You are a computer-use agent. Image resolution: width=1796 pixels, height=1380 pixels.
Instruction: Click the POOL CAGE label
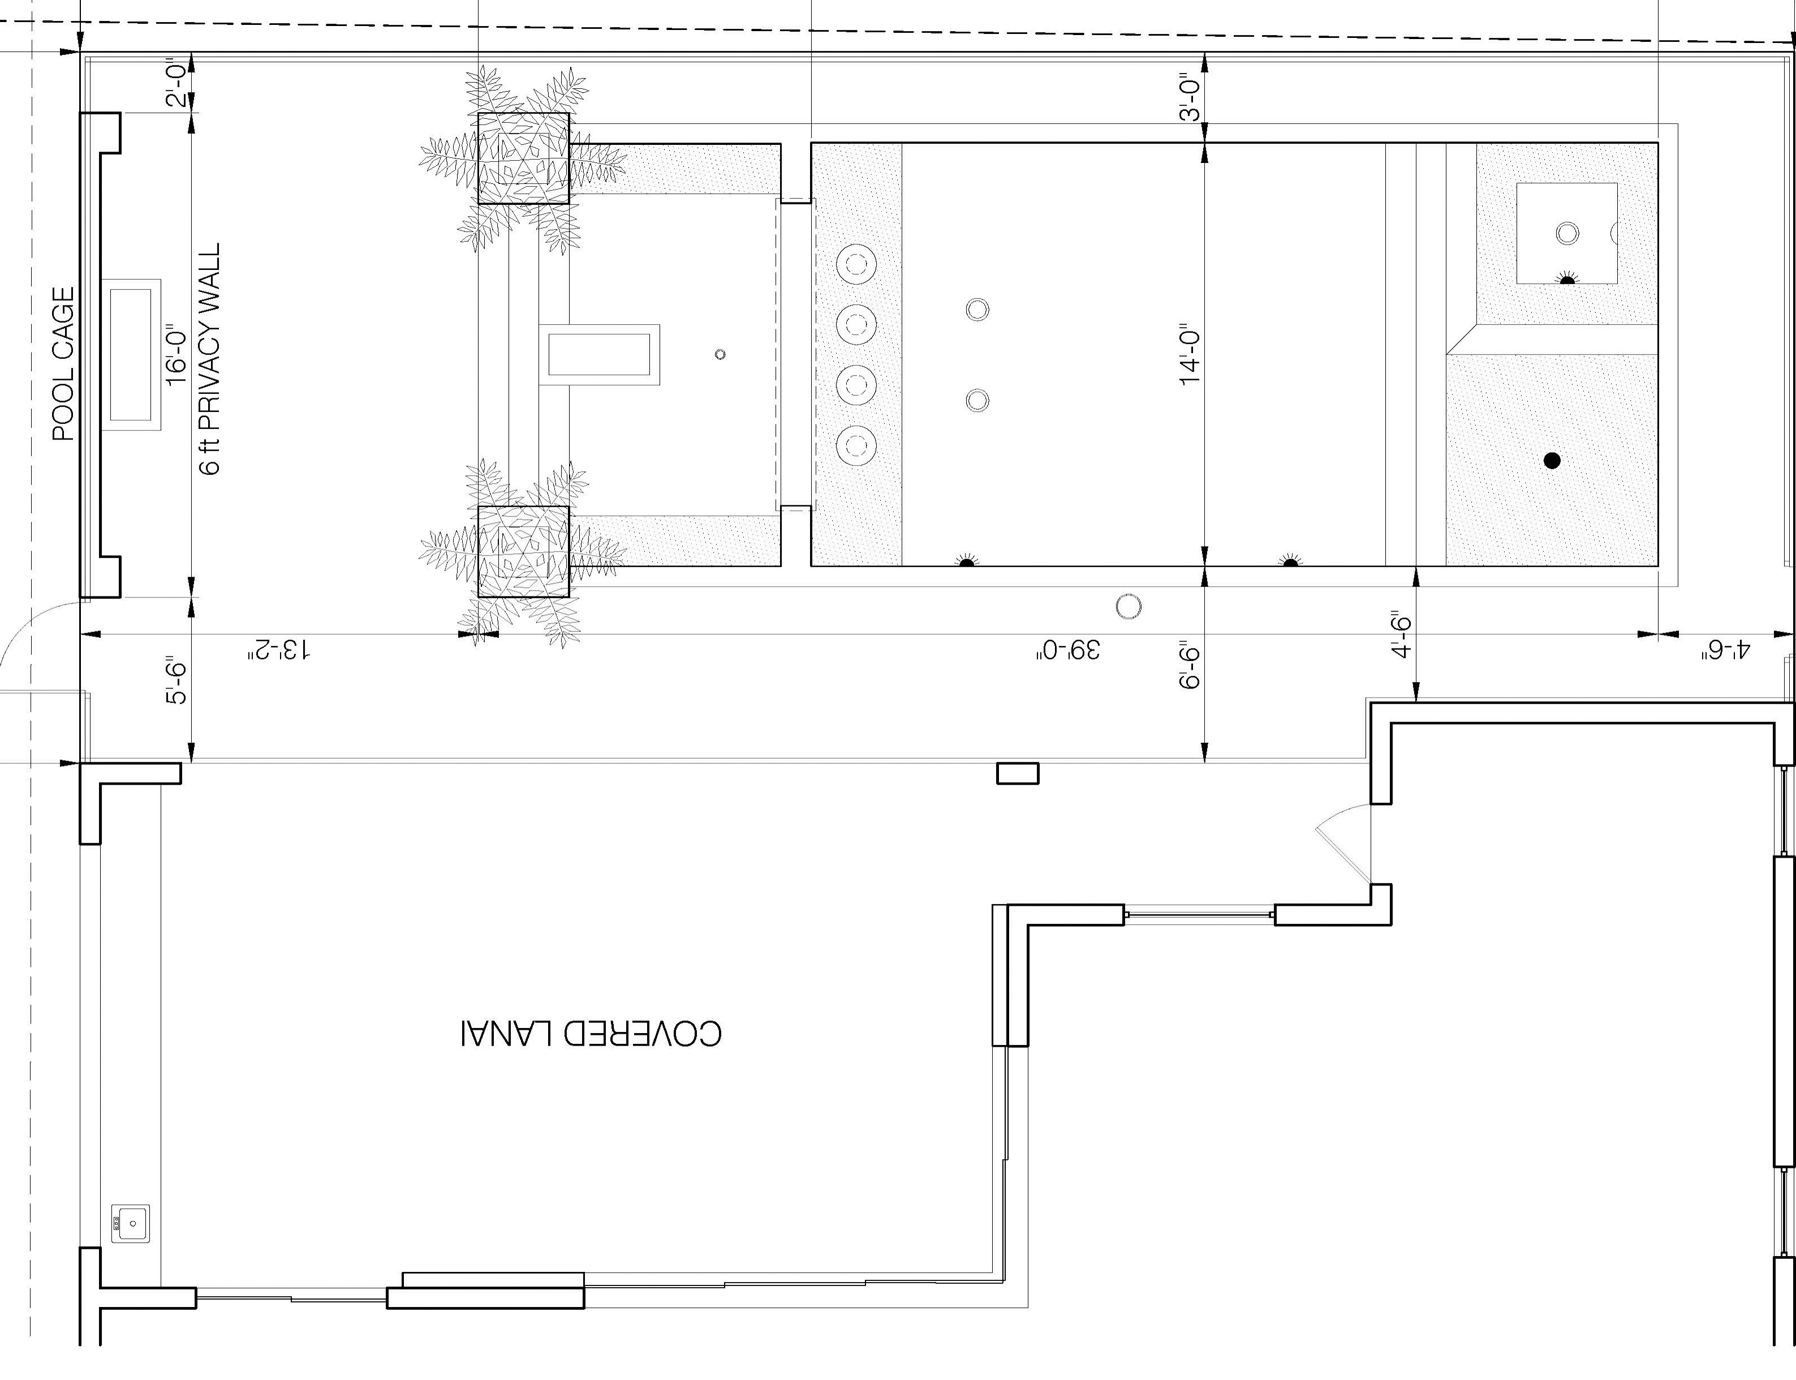coord(63,363)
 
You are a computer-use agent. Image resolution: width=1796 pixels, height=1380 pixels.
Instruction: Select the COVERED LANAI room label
coord(591,1033)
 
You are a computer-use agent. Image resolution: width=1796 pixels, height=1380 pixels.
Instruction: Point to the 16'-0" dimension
coord(176,358)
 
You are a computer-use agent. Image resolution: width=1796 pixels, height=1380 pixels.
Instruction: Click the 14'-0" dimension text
coord(1190,358)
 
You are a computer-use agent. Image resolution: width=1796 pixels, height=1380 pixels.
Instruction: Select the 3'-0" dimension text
coord(1190,98)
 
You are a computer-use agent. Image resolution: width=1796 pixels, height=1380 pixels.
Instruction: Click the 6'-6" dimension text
coord(1190,664)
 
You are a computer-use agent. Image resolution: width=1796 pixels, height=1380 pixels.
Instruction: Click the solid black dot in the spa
coord(1551,461)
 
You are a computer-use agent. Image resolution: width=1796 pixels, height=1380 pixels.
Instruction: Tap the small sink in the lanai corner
coord(131,1223)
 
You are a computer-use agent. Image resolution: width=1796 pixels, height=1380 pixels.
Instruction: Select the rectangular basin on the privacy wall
coord(131,354)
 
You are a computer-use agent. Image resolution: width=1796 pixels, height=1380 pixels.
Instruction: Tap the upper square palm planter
coord(523,158)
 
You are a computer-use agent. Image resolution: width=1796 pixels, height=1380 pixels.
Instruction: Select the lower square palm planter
coord(523,551)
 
